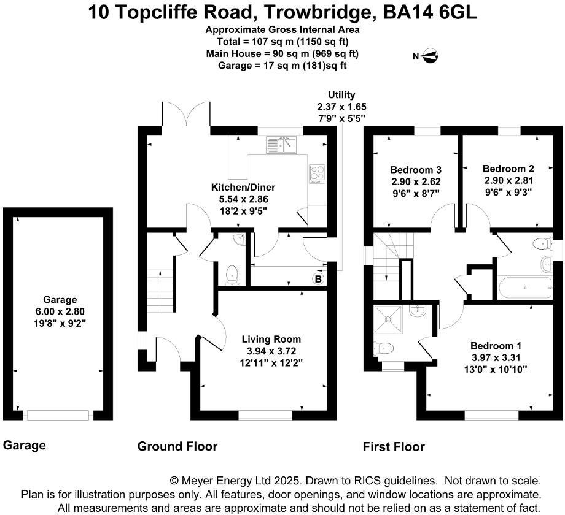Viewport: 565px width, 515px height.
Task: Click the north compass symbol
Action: pos(430,56)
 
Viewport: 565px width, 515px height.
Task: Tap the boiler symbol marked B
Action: pos(318,279)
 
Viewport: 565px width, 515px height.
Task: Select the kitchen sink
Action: pos(281,145)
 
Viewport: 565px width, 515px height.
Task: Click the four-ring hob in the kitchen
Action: pos(317,174)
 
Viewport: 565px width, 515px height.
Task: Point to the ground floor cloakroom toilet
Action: pos(232,275)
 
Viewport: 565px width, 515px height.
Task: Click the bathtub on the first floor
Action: pos(525,288)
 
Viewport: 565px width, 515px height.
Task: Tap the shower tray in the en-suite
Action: pos(388,319)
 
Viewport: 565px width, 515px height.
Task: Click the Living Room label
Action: pos(271,339)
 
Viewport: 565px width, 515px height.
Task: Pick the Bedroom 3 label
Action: pos(416,170)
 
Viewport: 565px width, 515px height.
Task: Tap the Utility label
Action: pos(341,95)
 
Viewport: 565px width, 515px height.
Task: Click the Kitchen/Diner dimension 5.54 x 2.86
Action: pos(244,199)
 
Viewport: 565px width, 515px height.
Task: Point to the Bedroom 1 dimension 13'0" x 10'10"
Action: pos(496,369)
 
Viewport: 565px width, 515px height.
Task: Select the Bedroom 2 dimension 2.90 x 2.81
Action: pos(508,180)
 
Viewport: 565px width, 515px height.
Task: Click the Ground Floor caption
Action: pos(177,446)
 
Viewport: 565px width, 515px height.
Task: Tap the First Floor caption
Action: pos(394,447)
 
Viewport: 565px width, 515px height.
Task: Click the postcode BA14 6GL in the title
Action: pos(429,12)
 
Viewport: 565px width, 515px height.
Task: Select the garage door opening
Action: pos(58,416)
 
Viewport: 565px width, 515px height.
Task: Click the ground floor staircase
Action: pos(161,291)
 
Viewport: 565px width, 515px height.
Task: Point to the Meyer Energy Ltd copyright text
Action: pos(235,481)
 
